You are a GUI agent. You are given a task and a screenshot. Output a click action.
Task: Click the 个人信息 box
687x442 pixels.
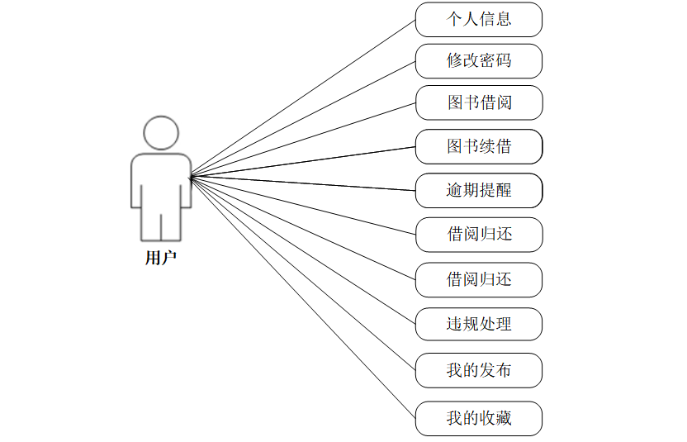coord(478,19)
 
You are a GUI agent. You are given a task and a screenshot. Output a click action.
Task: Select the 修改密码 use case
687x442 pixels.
coord(478,61)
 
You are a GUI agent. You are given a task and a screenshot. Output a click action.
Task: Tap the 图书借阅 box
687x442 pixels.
coord(478,103)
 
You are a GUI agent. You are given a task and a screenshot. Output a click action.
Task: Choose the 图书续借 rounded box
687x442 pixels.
coord(478,147)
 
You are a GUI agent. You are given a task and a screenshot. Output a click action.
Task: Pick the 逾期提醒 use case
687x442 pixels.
coord(478,191)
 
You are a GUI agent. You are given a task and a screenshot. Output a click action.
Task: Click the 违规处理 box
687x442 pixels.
coord(478,324)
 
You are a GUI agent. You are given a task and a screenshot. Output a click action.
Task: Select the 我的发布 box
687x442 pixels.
coord(478,369)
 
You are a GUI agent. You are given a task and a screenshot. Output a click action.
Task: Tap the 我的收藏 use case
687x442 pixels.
coord(478,418)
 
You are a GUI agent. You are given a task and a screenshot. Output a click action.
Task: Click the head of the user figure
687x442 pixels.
coord(161,133)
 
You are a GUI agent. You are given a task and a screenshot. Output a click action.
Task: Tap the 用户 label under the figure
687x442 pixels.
coord(161,258)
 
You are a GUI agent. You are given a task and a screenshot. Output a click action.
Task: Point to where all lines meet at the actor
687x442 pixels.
coord(191,176)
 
